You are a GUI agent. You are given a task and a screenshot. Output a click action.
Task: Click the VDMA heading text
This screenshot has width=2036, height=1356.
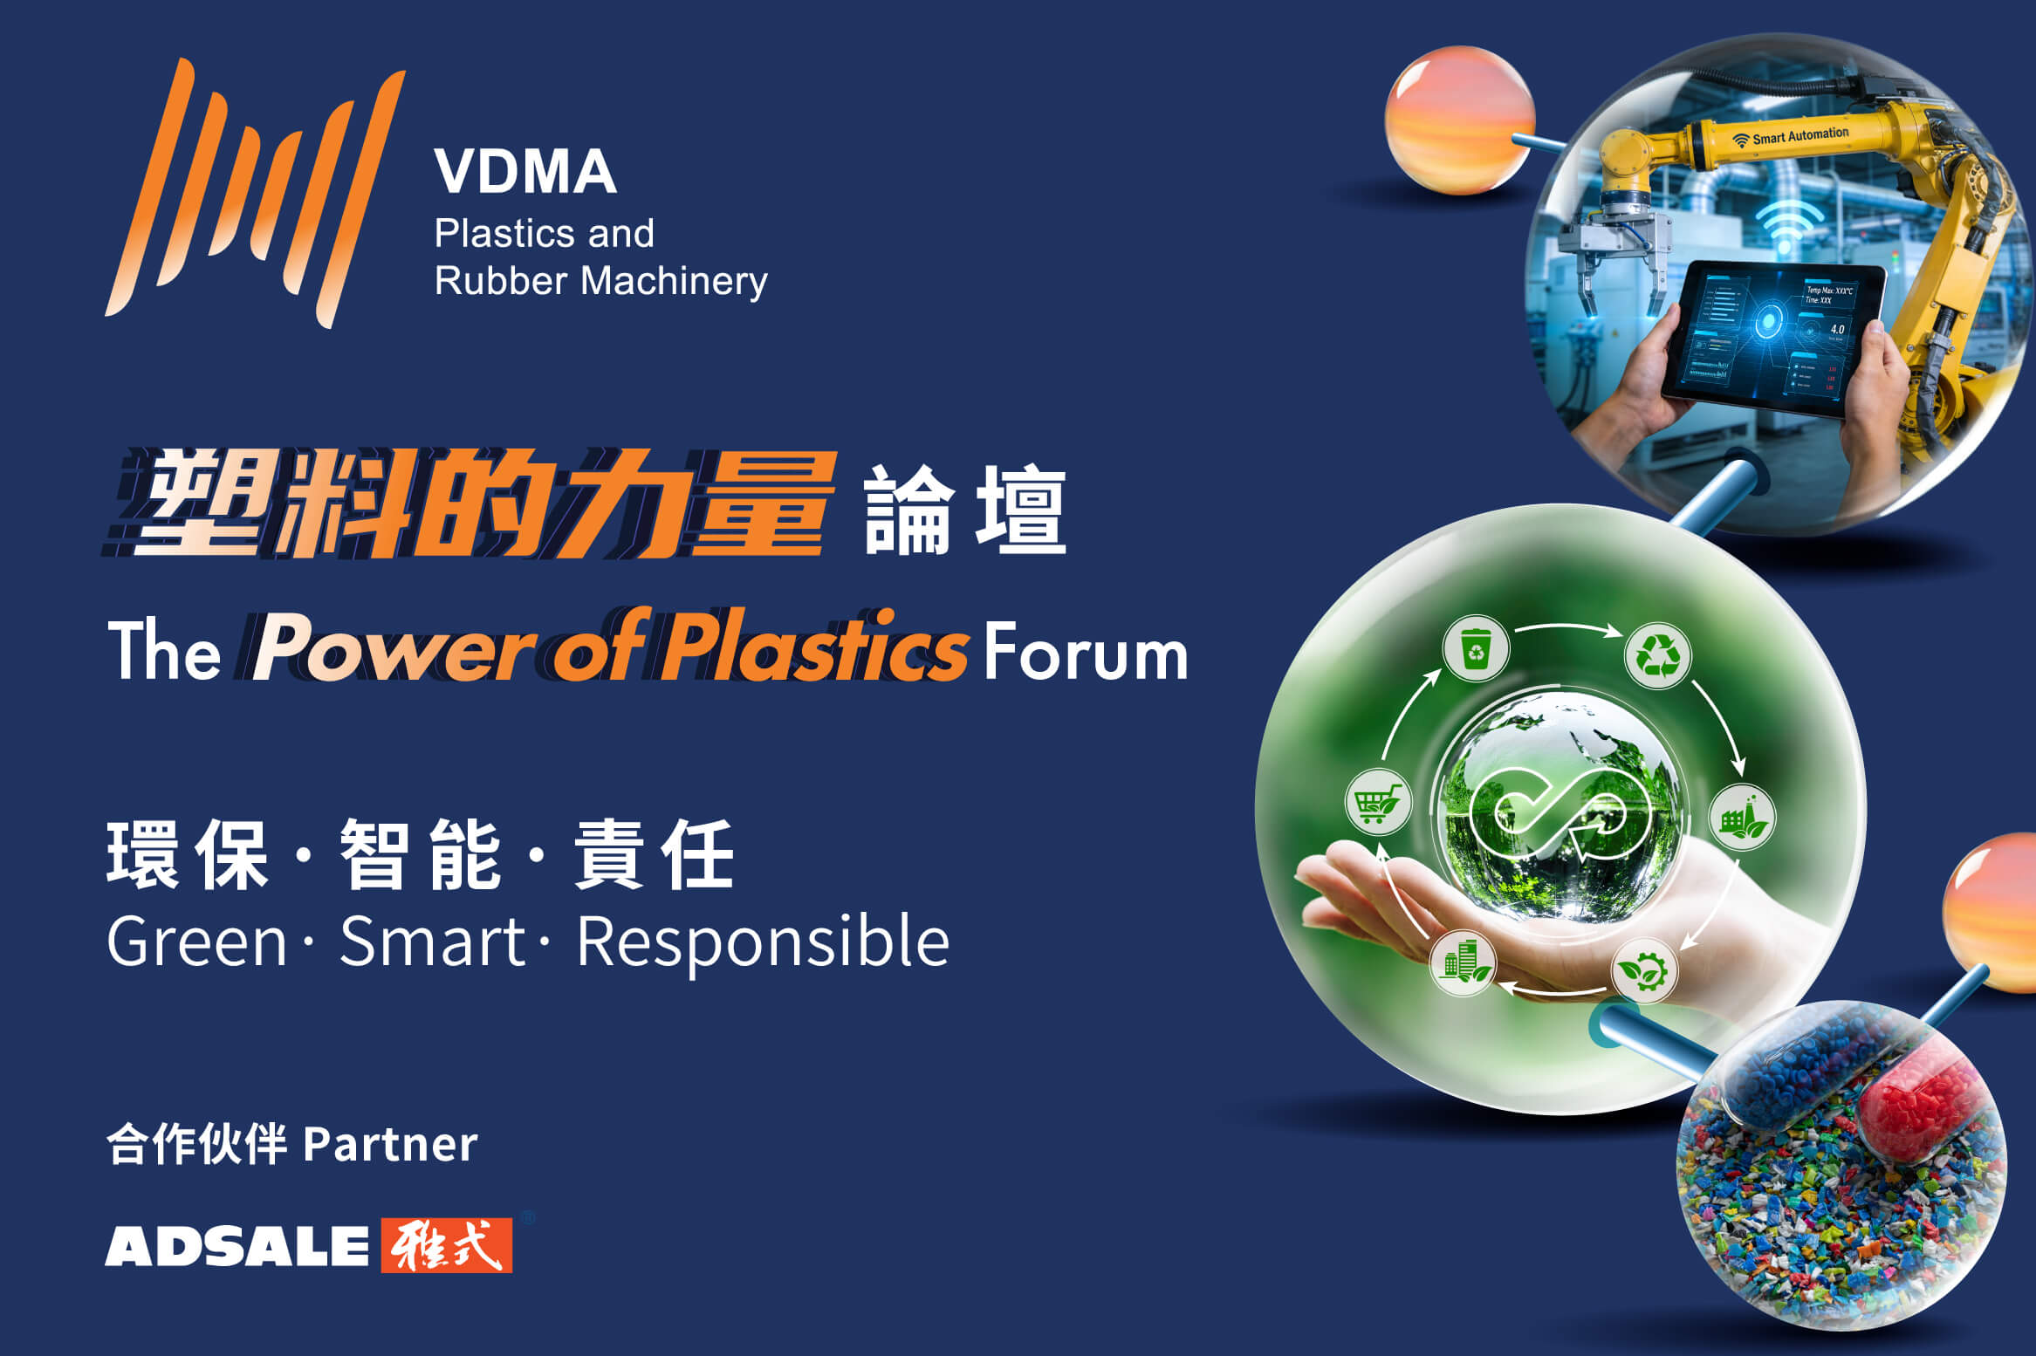[x=525, y=171]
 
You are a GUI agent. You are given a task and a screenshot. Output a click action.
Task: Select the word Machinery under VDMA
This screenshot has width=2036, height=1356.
[x=674, y=282]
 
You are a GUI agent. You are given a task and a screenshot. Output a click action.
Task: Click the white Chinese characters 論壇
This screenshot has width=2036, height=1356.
[x=965, y=510]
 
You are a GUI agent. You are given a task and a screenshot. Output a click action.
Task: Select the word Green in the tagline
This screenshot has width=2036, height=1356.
[x=197, y=942]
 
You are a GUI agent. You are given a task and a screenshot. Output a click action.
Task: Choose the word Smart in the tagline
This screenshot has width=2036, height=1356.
[x=432, y=942]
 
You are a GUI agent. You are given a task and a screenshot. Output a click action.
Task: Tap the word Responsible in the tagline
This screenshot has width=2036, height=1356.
[x=763, y=942]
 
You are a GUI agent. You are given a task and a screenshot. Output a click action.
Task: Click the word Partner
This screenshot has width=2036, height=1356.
[x=390, y=1144]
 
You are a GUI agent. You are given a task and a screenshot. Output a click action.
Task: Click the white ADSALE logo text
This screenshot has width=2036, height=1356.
[x=237, y=1245]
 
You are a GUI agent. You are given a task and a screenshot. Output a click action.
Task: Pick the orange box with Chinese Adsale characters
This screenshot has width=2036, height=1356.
[x=447, y=1245]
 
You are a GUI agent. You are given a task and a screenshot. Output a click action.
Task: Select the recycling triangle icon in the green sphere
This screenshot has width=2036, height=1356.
[x=1657, y=654]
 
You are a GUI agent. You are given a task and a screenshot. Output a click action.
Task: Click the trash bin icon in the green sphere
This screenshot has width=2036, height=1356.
[x=1476, y=648]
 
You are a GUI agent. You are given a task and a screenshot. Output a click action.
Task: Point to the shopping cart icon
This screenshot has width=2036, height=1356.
[x=1378, y=802]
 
